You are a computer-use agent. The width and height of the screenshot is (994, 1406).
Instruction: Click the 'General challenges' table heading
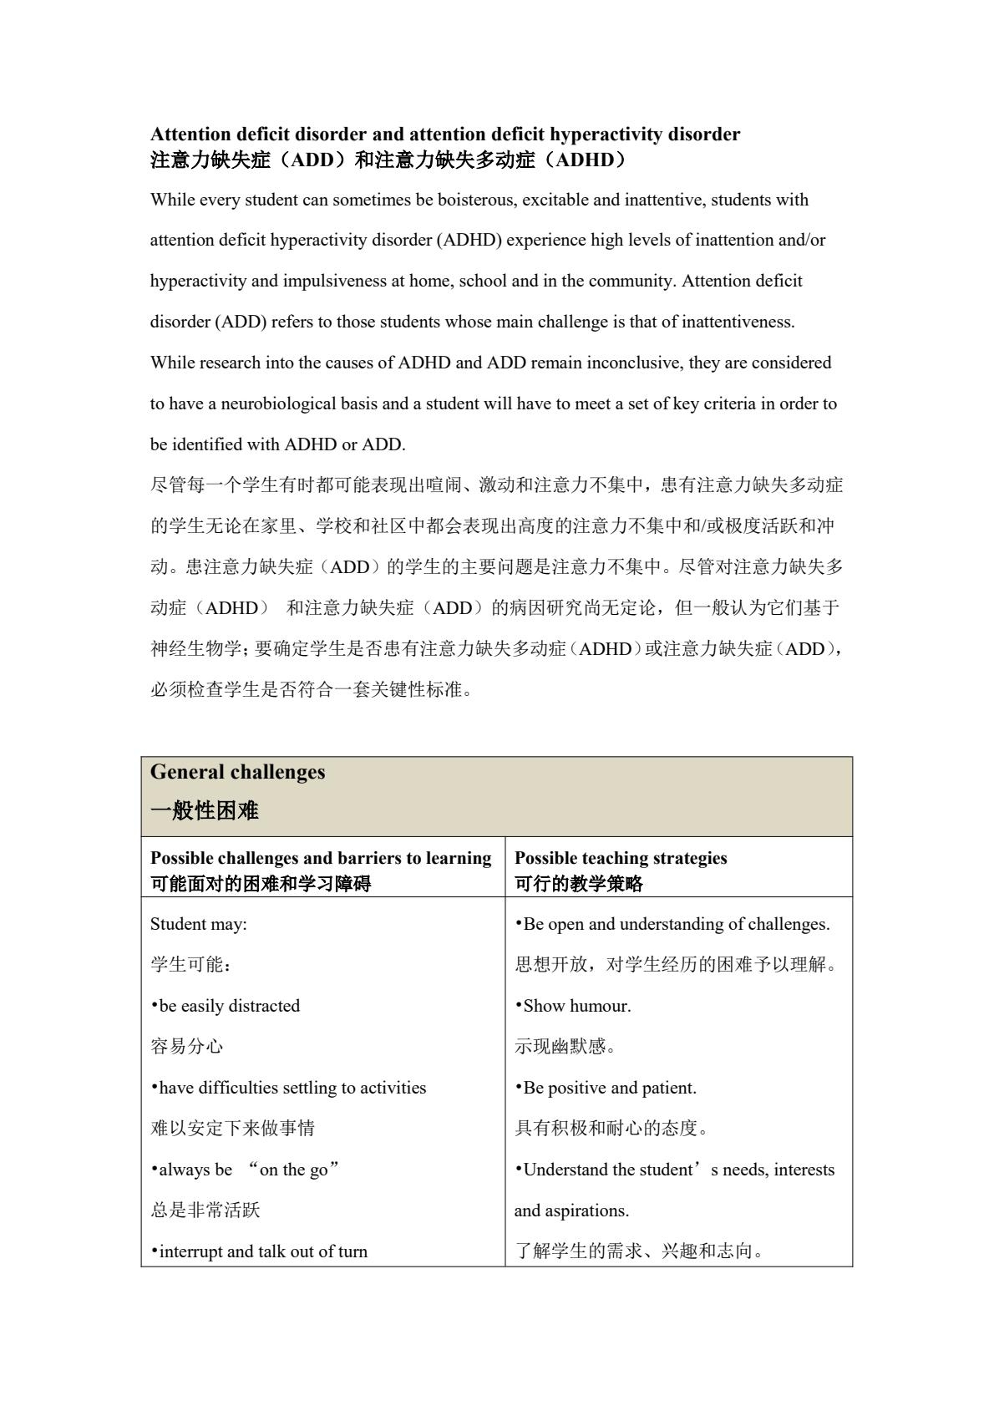(x=237, y=772)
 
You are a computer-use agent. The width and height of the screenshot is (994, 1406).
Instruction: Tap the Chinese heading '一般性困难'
(x=204, y=810)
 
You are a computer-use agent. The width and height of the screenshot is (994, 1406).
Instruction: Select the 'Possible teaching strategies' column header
(x=621, y=858)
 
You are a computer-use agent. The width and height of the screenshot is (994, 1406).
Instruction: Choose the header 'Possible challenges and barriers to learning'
(x=321, y=858)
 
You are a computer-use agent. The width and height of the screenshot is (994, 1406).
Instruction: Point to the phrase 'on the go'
(x=293, y=1170)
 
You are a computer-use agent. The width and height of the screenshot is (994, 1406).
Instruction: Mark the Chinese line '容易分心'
(x=186, y=1047)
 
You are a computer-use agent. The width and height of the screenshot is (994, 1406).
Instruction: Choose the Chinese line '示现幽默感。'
(x=565, y=1047)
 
